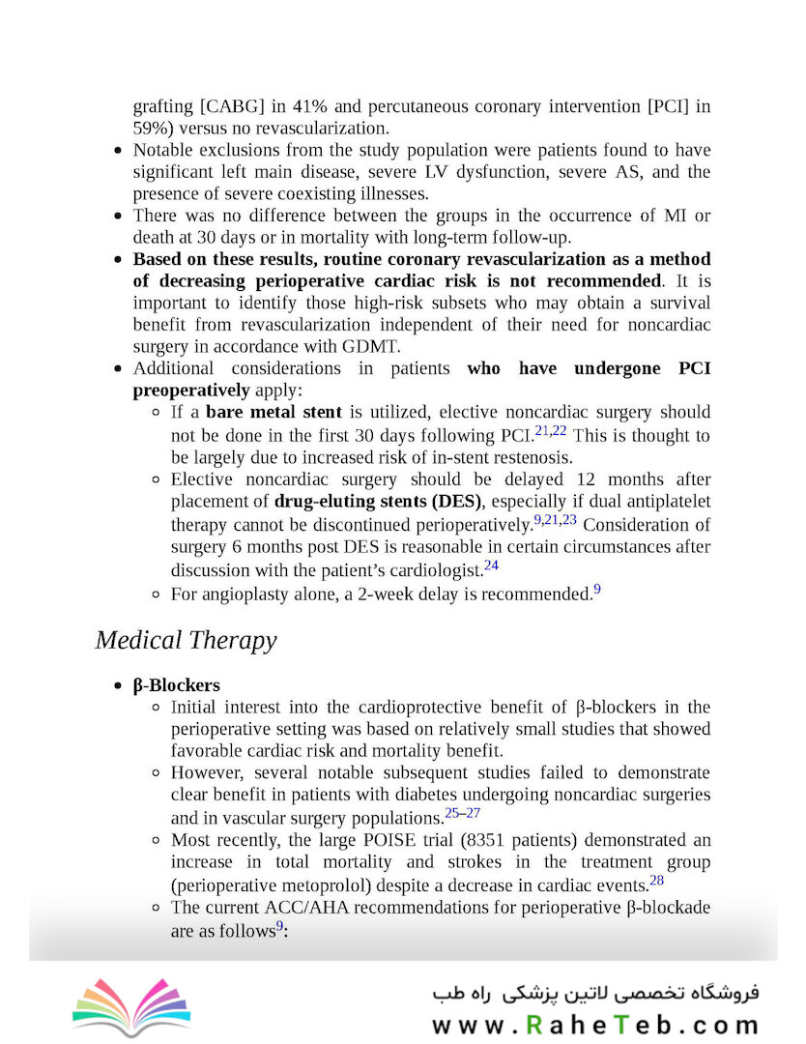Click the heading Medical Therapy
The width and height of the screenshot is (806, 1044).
pyautogui.click(x=186, y=640)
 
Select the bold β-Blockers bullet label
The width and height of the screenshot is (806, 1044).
pyautogui.click(x=176, y=685)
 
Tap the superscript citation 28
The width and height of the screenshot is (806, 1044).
pyautogui.click(x=656, y=880)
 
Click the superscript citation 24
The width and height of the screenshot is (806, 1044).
pyautogui.click(x=491, y=565)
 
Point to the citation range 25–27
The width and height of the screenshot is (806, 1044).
pyautogui.click(x=462, y=813)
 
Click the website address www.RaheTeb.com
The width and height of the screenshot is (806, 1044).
pyautogui.click(x=595, y=1025)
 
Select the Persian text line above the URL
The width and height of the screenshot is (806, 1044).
pyautogui.click(x=595, y=992)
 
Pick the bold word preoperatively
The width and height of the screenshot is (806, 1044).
pyautogui.click(x=191, y=390)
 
